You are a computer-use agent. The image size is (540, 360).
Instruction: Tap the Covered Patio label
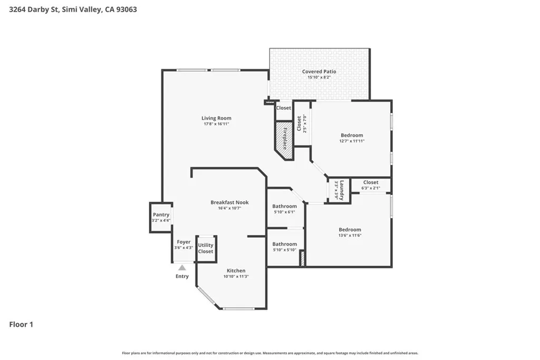click(x=319, y=72)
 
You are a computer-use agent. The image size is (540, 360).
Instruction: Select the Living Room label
click(x=216, y=118)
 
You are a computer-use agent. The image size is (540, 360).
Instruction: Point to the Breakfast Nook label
click(x=229, y=202)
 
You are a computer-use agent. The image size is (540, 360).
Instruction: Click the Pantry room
click(x=161, y=217)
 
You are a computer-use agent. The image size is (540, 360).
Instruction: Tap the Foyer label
click(x=184, y=242)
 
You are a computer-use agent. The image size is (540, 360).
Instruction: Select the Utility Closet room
click(x=206, y=248)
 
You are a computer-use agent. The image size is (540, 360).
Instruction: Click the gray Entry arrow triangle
click(x=182, y=268)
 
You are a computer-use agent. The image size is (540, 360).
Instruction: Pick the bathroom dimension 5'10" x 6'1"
click(x=284, y=212)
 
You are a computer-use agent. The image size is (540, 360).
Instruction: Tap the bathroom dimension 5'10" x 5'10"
click(x=284, y=250)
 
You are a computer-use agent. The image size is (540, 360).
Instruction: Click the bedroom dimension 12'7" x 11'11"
click(x=352, y=141)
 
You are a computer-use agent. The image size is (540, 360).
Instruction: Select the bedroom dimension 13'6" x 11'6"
click(x=350, y=235)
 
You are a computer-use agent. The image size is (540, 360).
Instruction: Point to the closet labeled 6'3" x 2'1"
click(x=371, y=188)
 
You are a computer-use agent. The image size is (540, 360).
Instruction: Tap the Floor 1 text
click(x=21, y=325)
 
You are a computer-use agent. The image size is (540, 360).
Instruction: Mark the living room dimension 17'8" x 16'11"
click(x=216, y=124)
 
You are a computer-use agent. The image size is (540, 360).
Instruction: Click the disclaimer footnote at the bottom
click(x=270, y=353)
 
